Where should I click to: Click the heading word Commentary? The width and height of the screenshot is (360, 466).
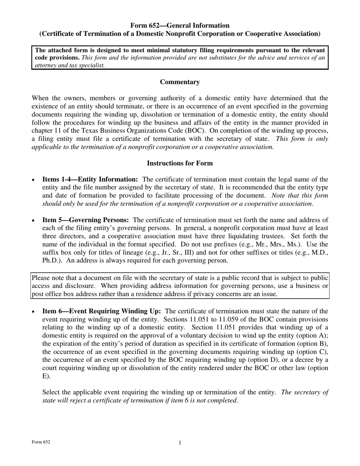[x=180, y=82]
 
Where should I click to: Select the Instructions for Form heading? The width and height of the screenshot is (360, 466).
[x=180, y=163]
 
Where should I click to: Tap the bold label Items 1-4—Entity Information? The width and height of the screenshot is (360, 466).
[x=90, y=180]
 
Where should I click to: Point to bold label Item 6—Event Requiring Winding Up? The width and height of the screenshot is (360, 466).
[x=102, y=311]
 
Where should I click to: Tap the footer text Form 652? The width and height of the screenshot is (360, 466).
[x=41, y=442]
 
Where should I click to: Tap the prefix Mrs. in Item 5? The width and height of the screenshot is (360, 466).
[x=290, y=244]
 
